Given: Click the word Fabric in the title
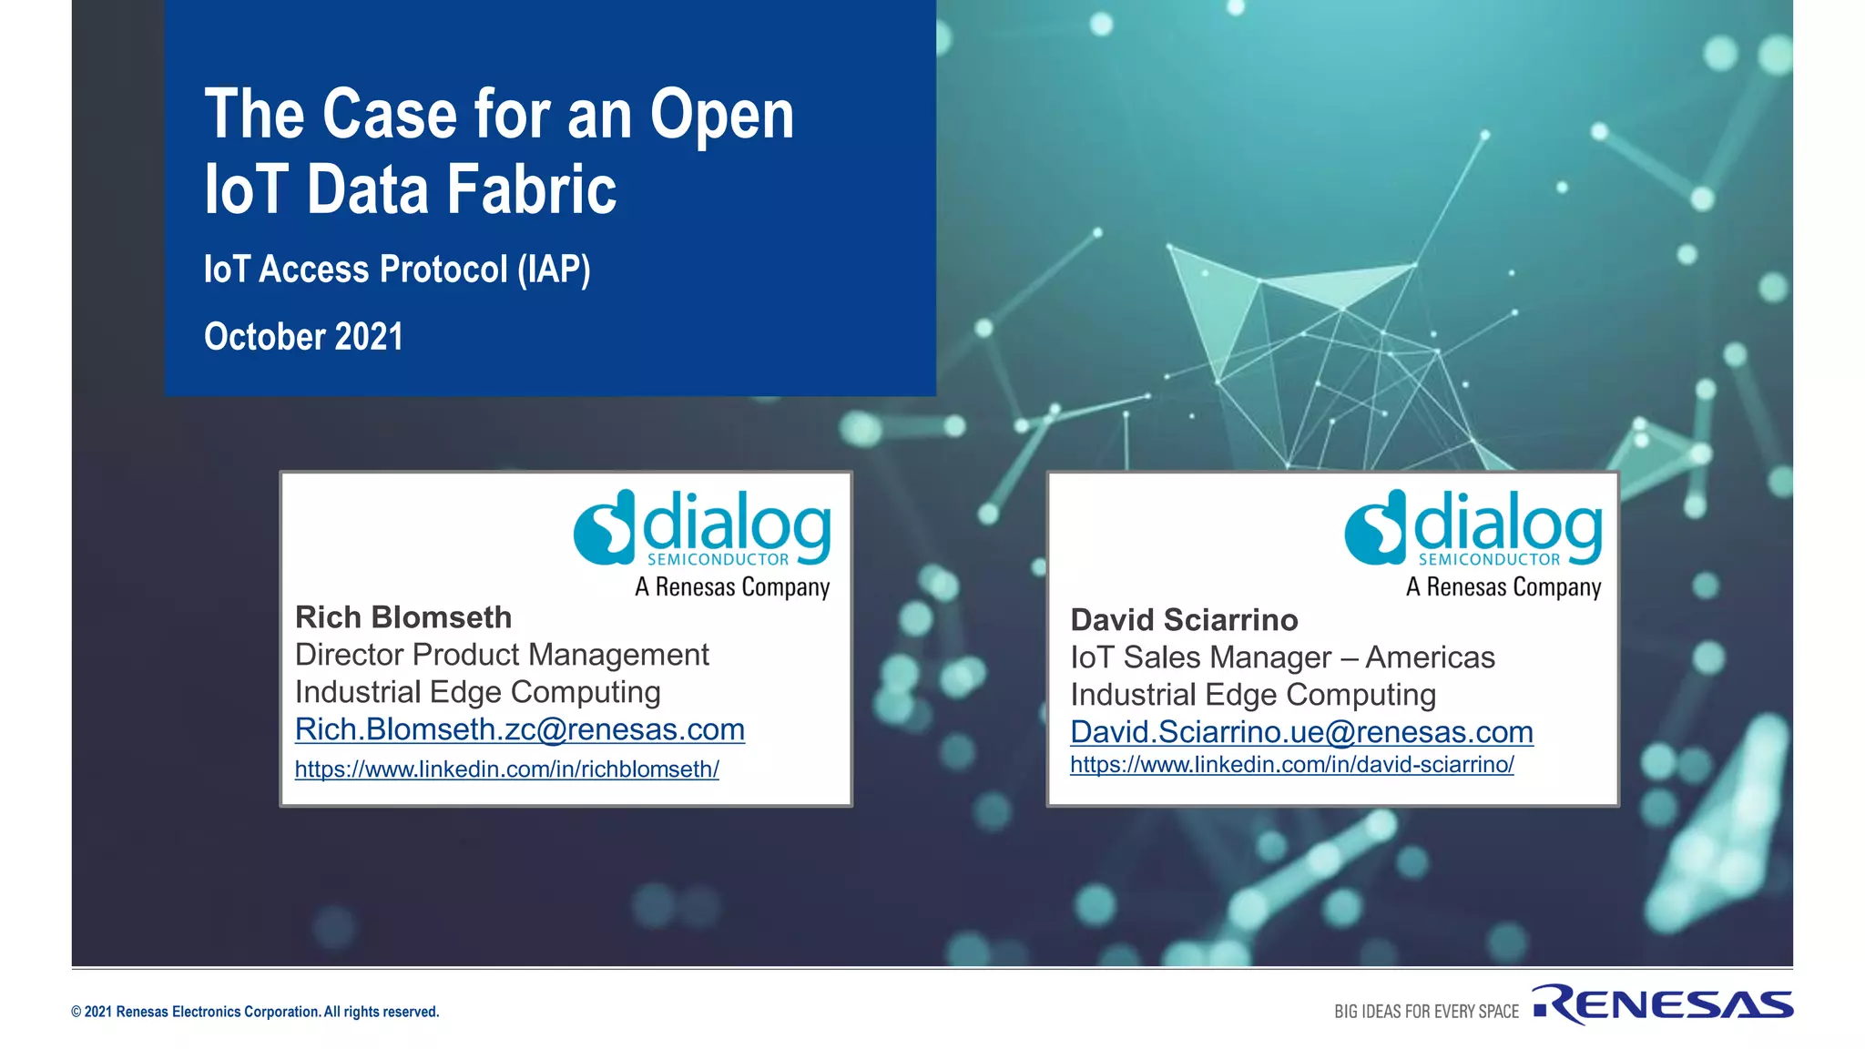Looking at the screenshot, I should pos(532,189).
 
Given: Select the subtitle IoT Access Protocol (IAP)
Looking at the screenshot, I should pos(397,270).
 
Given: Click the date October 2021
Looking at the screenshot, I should pos(303,337).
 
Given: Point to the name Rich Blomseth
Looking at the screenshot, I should pos(403,617).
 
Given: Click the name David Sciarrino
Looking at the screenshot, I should pos(1184,620).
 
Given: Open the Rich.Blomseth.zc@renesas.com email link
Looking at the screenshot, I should pos(520,729).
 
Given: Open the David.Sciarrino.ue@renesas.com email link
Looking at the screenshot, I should pos(1301,732).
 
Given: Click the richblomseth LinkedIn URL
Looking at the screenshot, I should pos(506,769).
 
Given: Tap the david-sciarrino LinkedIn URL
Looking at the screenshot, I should pos(1291,765).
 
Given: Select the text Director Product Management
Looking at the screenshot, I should pos(502,655).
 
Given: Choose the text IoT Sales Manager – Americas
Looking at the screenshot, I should pos(1282,657).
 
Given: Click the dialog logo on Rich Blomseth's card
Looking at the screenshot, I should pos(702,528).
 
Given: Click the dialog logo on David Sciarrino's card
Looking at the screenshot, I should pos(1473,528).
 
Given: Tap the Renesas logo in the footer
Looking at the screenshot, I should pos(1663,1004).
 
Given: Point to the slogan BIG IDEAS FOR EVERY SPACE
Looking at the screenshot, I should pos(1426,1012).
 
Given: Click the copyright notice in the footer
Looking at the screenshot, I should pos(255,1012).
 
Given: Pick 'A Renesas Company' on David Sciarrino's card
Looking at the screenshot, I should pos(1503,587).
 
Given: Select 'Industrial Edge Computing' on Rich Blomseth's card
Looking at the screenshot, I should pos(477,692).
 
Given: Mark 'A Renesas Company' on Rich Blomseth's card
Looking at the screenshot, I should pos(732,587).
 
